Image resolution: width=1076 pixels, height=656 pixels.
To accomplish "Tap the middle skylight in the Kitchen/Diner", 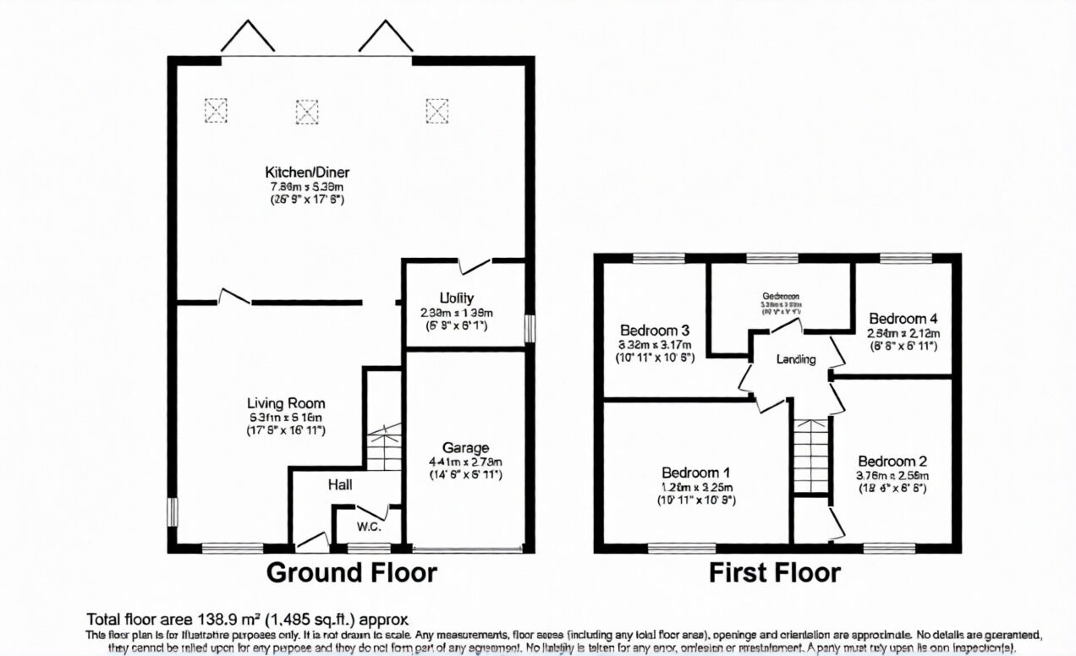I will tap(307, 111).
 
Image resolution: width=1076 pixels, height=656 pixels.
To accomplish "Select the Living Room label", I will tap(286, 403).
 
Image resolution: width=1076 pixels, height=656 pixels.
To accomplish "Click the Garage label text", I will tap(465, 447).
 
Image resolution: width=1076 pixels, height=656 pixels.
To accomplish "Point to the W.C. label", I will tap(369, 528).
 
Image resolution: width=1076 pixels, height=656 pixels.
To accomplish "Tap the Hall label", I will tap(340, 484).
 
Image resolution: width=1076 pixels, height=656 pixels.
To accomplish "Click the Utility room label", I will tap(456, 298).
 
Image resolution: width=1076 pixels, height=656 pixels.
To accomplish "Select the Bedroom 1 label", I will tap(696, 473).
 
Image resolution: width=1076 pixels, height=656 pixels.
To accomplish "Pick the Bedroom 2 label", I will tap(892, 461).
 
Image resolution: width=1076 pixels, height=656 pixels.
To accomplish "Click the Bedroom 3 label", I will tap(655, 330).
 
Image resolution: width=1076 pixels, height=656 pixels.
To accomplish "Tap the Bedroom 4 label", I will tap(903, 319).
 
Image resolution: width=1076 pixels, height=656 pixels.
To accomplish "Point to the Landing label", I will tap(796, 359).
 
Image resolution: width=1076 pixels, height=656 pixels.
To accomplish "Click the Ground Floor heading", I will tap(352, 573).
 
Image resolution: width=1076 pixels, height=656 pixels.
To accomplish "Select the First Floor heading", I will tap(774, 573).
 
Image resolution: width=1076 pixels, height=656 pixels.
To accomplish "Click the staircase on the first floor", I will tap(810, 456).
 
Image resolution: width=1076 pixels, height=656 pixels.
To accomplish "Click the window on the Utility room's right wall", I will tap(530, 329).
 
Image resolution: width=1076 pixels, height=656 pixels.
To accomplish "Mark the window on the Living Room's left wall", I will tap(173, 512).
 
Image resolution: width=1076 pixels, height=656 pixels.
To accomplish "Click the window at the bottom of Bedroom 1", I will tap(682, 548).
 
